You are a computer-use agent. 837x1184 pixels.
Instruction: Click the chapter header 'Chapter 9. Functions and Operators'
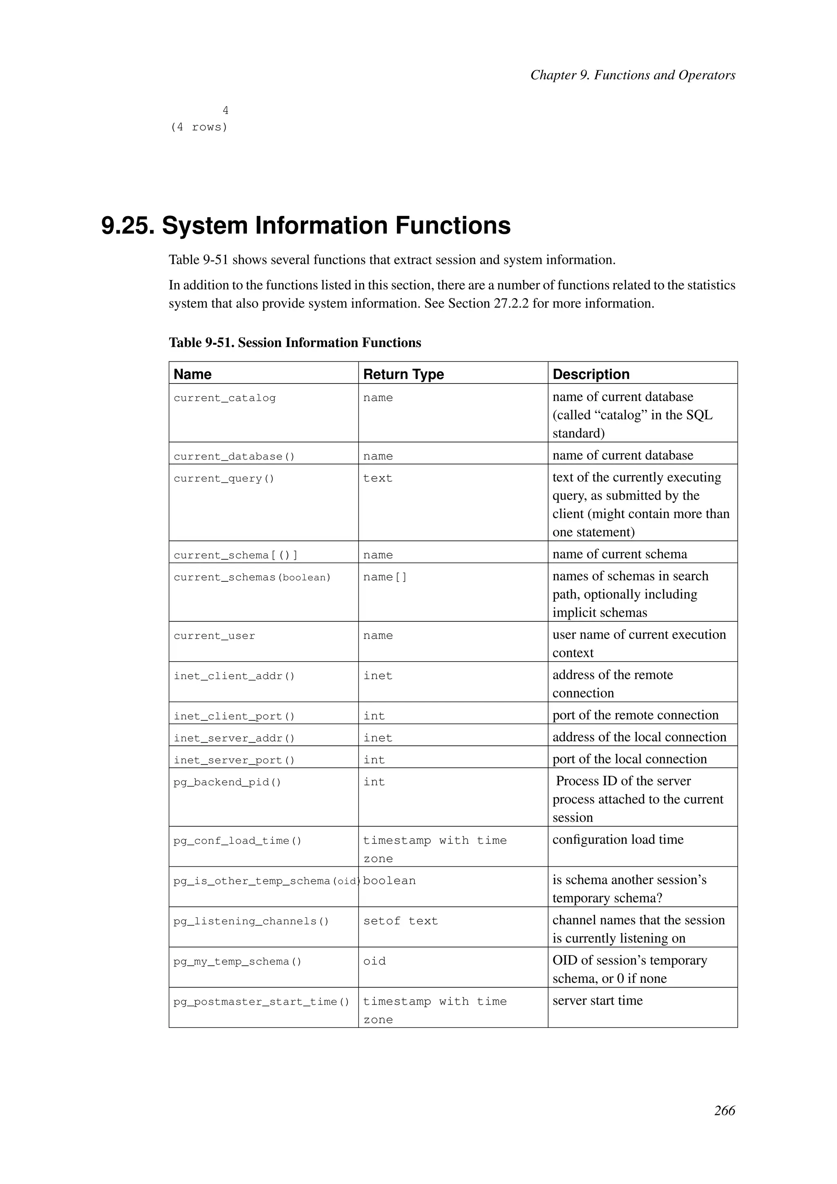(x=632, y=75)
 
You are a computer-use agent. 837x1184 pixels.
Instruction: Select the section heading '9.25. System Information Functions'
(x=306, y=225)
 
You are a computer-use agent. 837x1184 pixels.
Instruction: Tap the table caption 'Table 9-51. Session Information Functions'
(x=295, y=343)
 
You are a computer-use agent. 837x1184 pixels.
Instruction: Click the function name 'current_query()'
(x=224, y=479)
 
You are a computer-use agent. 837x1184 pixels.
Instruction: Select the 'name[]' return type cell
(x=385, y=577)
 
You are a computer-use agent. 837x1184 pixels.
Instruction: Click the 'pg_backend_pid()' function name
(x=227, y=782)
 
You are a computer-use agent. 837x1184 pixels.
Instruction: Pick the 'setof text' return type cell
(x=401, y=921)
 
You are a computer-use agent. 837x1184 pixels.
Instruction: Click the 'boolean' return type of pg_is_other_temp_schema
(x=389, y=881)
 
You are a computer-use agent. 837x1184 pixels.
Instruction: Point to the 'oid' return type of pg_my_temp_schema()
(x=374, y=961)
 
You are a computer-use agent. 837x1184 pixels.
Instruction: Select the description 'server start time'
(x=598, y=1000)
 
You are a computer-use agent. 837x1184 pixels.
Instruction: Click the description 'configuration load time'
(x=618, y=839)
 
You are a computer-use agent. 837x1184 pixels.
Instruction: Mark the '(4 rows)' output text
(x=199, y=128)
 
